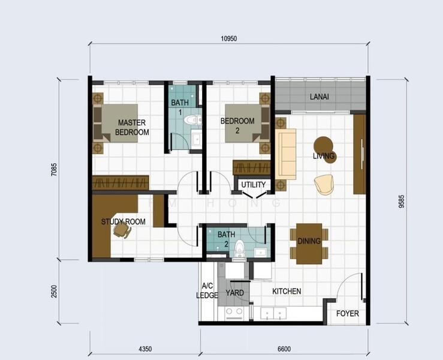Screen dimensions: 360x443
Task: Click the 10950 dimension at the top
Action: pos(228,38)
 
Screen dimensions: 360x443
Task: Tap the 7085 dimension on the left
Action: pos(54,170)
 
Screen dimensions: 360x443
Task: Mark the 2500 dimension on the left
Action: pos(54,292)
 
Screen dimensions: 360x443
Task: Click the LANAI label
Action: pos(318,96)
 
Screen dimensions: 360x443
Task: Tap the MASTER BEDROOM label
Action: pos(132,127)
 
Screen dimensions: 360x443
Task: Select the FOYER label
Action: pos(347,313)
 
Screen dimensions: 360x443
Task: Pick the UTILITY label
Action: pos(253,185)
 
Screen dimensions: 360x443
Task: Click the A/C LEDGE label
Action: pos(207,290)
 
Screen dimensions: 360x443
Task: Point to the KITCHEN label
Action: pos(287,291)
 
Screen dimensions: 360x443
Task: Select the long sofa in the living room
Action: pos(286,154)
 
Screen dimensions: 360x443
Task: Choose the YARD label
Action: pos(234,293)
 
